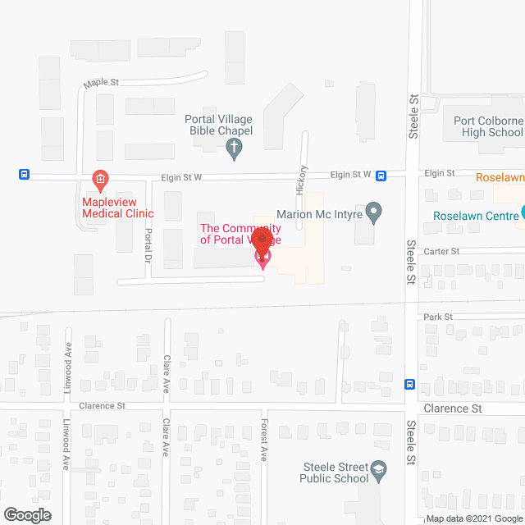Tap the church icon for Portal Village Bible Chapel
click(x=234, y=148)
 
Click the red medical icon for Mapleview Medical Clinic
click(x=99, y=178)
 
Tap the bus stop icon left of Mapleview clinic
click(x=25, y=174)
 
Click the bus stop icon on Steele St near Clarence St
click(x=409, y=384)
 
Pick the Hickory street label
click(x=304, y=179)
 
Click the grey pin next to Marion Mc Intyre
click(x=374, y=213)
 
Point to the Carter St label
click(x=442, y=251)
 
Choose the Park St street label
click(x=438, y=317)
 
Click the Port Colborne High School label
click(x=488, y=126)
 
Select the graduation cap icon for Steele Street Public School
click(x=378, y=470)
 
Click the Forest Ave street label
click(x=264, y=440)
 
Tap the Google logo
click(x=26, y=515)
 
